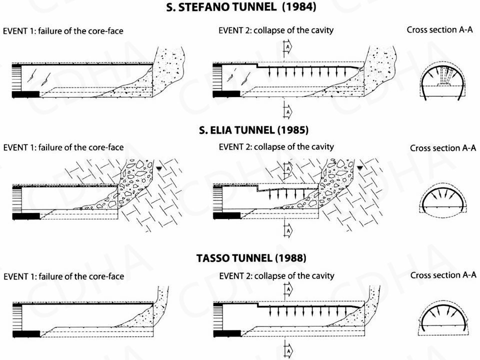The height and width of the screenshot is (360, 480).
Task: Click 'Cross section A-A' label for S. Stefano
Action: tap(439, 30)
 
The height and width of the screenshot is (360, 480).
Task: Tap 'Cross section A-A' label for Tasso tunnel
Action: tap(443, 275)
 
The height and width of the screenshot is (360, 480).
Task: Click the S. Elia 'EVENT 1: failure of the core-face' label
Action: tap(63, 147)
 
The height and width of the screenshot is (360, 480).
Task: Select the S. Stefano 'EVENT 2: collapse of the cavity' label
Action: tap(276, 30)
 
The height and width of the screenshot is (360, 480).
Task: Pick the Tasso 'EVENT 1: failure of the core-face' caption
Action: tap(63, 276)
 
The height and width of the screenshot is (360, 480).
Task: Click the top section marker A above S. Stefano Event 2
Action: tap(287, 47)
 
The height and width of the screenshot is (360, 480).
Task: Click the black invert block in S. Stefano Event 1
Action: tap(25, 93)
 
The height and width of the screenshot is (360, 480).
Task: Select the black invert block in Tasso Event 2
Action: tap(226, 334)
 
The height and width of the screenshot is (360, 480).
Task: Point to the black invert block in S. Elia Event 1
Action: tap(25, 215)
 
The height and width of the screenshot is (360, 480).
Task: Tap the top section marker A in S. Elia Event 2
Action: tap(287, 168)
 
